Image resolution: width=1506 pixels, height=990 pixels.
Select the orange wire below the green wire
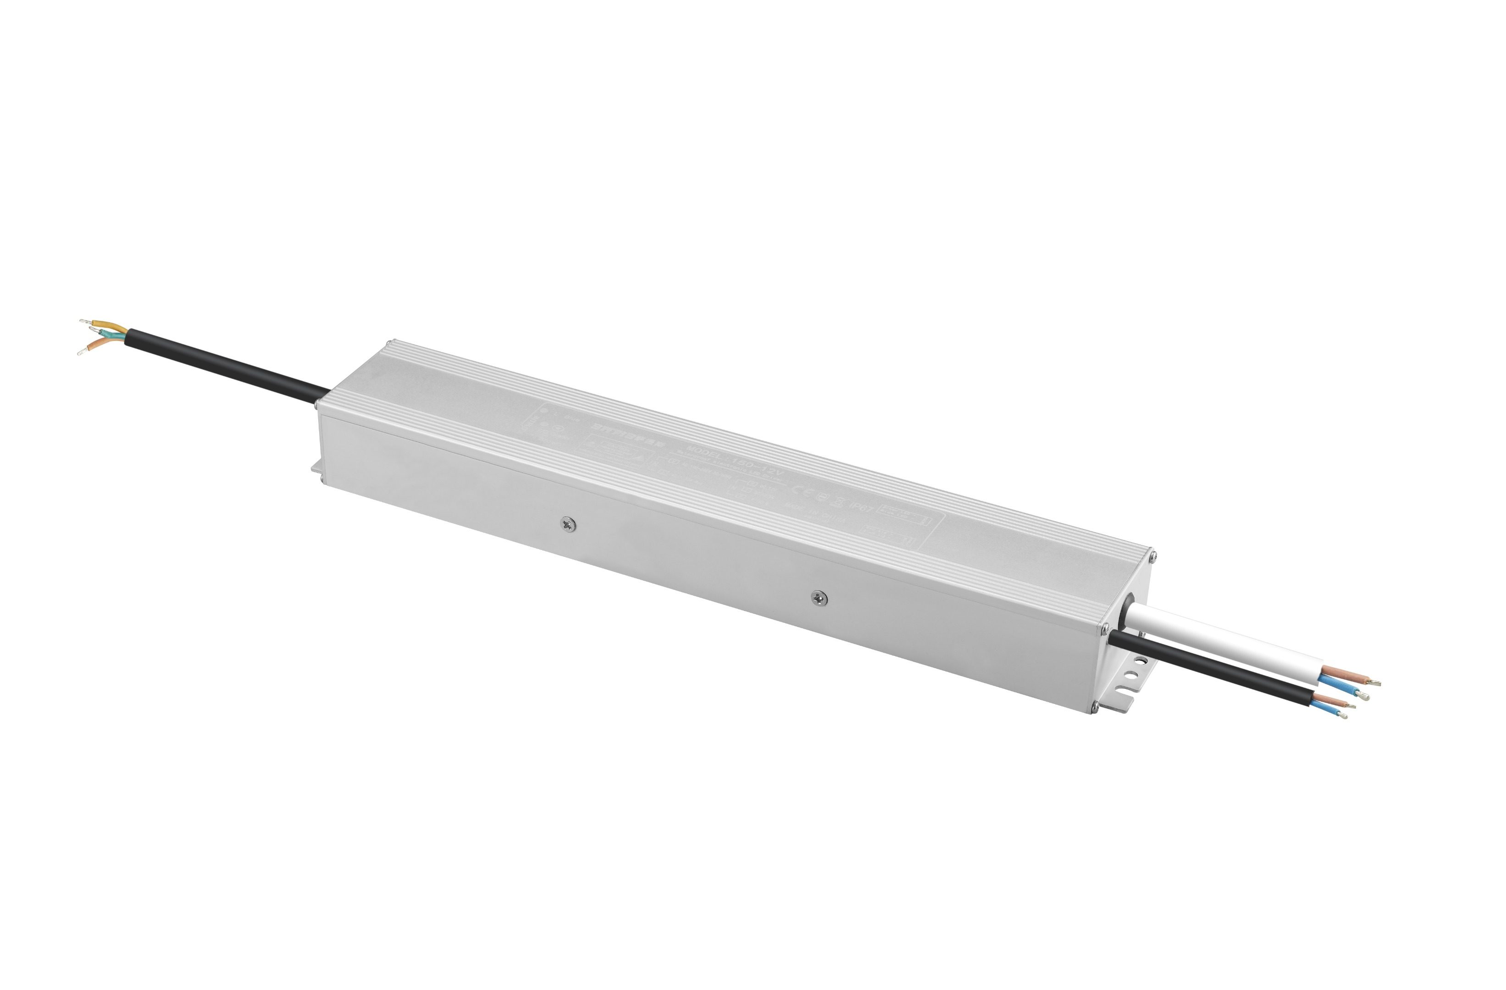point(101,343)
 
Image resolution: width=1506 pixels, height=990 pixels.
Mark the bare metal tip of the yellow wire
point(85,323)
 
